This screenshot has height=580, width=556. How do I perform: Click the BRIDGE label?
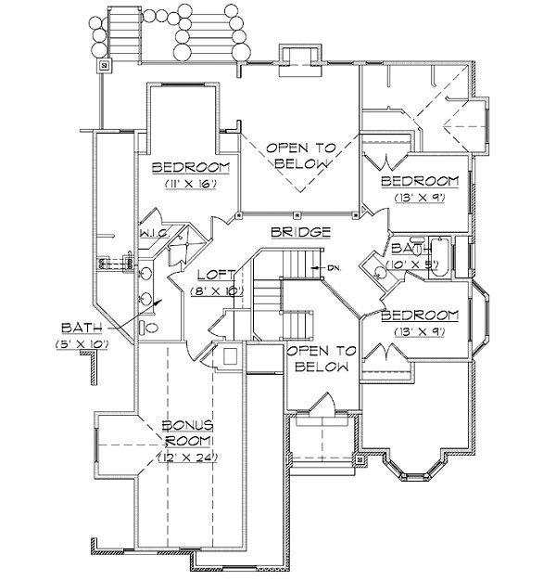pos(299,231)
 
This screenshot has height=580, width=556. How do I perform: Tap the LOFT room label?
pos(215,276)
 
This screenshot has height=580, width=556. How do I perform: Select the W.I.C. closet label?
pos(154,234)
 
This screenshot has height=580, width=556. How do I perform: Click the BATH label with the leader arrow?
pos(80,328)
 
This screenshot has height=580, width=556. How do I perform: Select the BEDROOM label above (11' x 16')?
pos(184,168)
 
